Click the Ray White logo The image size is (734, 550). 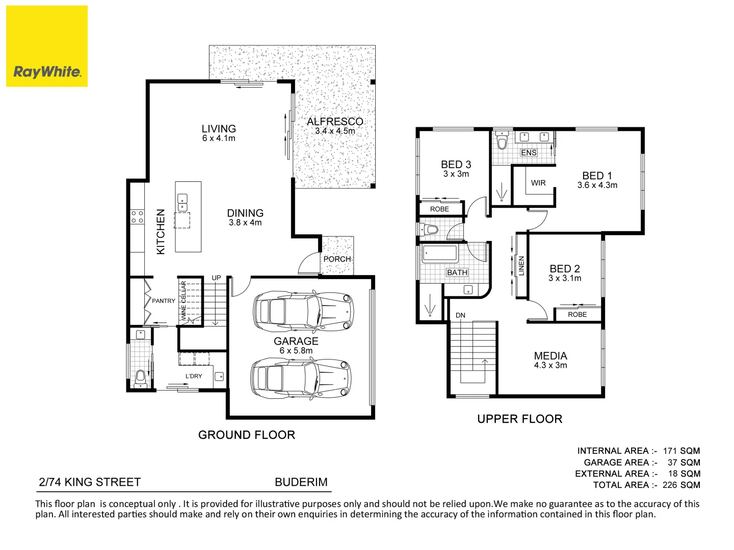coord(47,46)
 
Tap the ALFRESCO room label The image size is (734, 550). coord(335,122)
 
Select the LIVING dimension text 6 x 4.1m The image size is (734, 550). coord(219,139)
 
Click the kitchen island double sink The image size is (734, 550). coord(182,203)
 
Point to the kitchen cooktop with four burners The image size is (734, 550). coord(137,217)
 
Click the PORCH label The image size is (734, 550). coord(337,259)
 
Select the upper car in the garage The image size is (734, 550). coord(303,311)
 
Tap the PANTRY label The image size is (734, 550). coord(164,301)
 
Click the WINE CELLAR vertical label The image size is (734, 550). coord(183,301)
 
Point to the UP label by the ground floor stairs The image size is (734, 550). coord(216,278)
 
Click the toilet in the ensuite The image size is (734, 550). coord(502,141)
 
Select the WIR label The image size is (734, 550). coord(538,183)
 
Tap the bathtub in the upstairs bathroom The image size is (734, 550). coord(439,253)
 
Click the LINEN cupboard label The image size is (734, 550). coord(521,266)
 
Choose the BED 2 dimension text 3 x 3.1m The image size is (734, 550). coord(565,279)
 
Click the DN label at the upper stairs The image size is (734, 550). coord(460,315)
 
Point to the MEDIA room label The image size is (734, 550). coord(550,356)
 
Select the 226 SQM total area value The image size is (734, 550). coord(681,485)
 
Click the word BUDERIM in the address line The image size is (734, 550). coord(301,482)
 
